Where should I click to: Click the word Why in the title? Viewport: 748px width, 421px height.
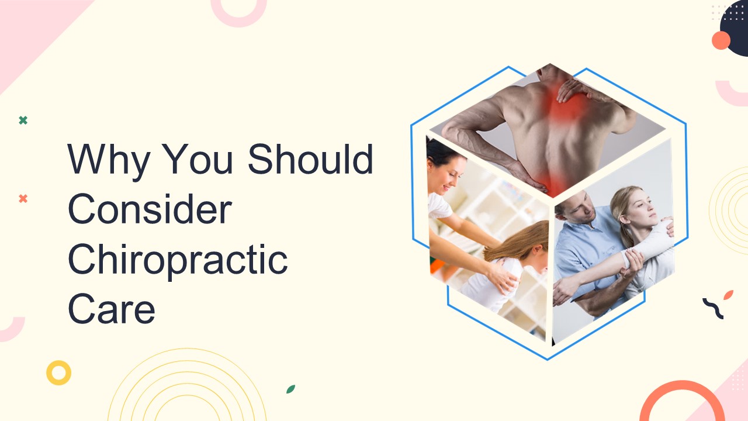[x=109, y=159]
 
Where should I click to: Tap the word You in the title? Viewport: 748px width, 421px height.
[x=198, y=159]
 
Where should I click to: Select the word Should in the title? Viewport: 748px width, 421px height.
[x=310, y=159]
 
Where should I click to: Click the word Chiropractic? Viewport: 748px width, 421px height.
[x=178, y=260]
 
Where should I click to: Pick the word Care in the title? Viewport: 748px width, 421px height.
[x=111, y=310]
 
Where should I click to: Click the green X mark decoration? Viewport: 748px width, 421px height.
[x=23, y=120]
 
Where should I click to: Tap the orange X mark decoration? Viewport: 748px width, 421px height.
[x=23, y=199]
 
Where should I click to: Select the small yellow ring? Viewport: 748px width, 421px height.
[x=58, y=372]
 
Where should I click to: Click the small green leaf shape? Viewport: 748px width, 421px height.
[x=290, y=389]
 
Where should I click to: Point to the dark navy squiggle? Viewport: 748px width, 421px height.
[x=713, y=308]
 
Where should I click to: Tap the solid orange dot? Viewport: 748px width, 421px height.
[x=721, y=40]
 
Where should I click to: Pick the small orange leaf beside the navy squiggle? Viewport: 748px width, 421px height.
[x=728, y=295]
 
